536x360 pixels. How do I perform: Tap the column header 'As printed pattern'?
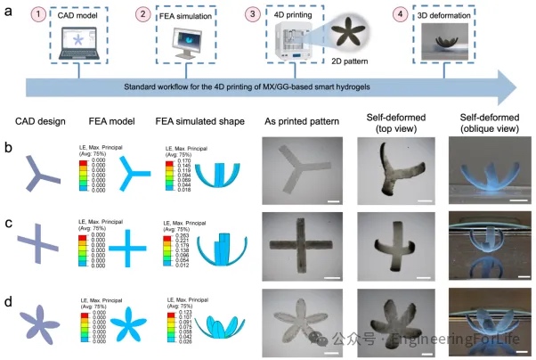click(x=297, y=118)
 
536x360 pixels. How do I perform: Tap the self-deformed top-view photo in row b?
click(x=393, y=170)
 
